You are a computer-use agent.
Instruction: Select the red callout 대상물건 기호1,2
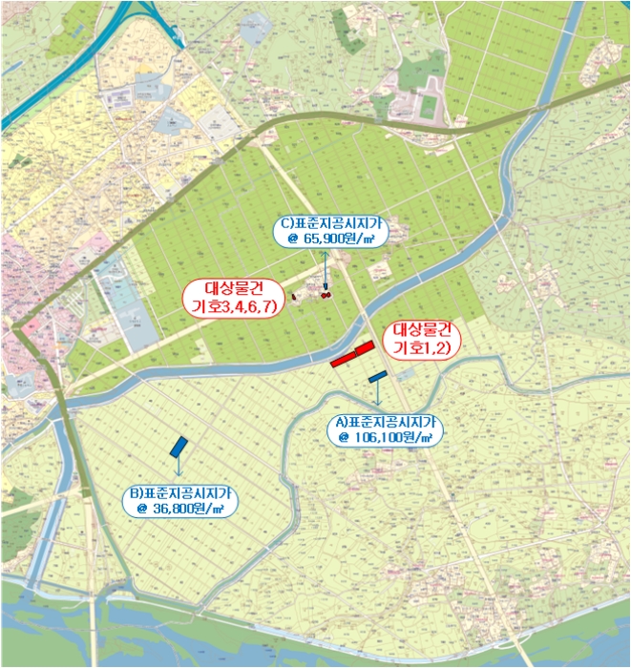click(x=421, y=341)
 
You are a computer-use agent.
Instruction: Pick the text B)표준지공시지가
click(x=180, y=493)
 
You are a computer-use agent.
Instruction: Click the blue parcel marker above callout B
click(x=179, y=446)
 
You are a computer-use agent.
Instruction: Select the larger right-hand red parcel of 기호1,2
click(x=364, y=350)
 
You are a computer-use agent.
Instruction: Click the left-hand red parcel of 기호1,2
click(x=342, y=361)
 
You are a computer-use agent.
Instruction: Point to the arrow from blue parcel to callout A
click(x=378, y=396)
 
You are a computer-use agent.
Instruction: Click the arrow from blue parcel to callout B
click(x=179, y=470)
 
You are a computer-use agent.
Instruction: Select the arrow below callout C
click(x=325, y=267)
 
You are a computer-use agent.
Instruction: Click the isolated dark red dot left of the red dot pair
click(x=295, y=296)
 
